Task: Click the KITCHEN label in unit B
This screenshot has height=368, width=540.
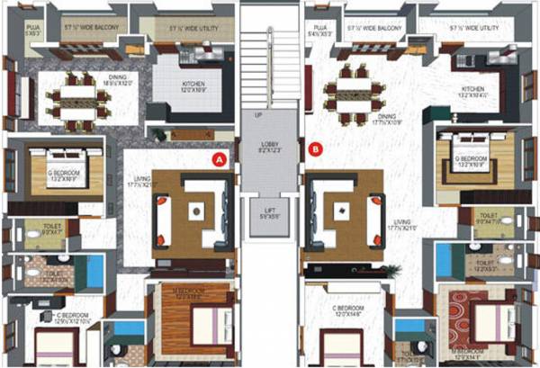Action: pos(473,90)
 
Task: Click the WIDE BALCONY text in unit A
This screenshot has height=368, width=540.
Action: pos(92,30)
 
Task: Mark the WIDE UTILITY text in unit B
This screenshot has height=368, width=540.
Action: pos(468,30)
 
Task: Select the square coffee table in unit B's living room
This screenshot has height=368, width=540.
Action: pos(340,211)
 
